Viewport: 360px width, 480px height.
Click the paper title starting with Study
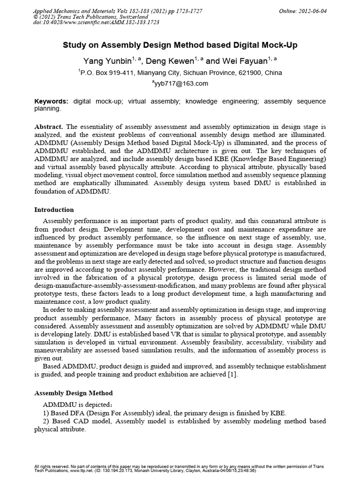point(180,45)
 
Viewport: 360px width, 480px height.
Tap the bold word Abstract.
point(49,127)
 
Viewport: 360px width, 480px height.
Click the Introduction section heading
point(54,210)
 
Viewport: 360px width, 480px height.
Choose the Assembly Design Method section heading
point(74,393)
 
